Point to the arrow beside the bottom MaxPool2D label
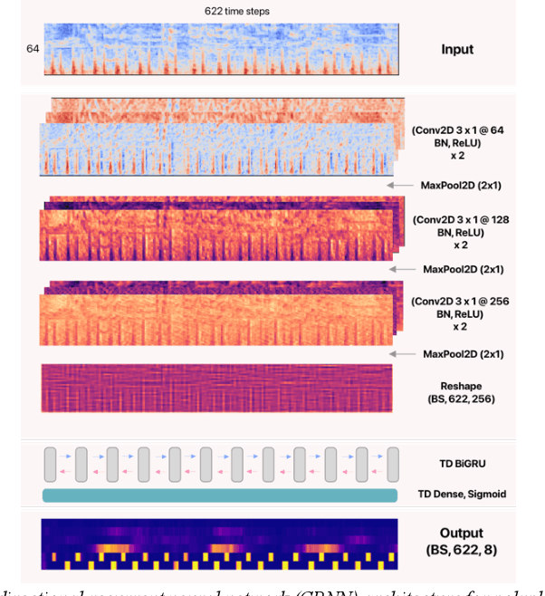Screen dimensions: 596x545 tap(400, 352)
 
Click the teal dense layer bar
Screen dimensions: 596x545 tap(219, 494)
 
